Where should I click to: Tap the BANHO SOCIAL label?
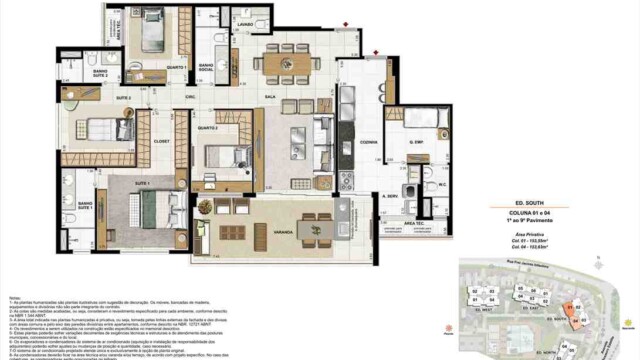206,67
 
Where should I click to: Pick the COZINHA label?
368,143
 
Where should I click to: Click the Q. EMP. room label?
417,143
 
